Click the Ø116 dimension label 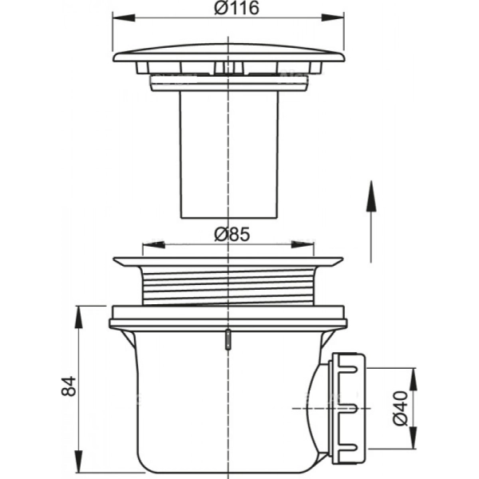coord(236,9)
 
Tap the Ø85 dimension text coord(232,235)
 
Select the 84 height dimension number coord(69,386)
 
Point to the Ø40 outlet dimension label coord(401,408)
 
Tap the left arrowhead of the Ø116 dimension coord(124,18)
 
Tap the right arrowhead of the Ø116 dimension coord(333,18)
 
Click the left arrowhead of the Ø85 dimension coord(153,245)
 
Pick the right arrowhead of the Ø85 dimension coord(303,245)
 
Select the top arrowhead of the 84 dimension coord(79,318)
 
